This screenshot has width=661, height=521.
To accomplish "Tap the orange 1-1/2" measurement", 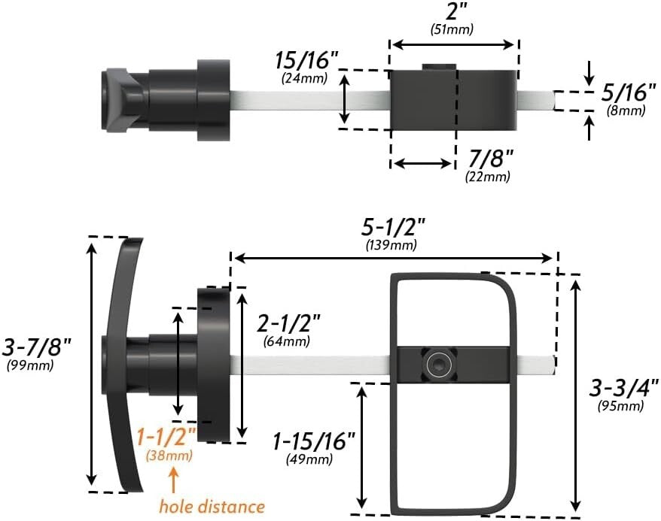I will [x=166, y=437].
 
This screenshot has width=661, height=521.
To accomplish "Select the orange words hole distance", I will [x=212, y=506].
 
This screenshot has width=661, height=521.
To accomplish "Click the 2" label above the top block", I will [x=452, y=13].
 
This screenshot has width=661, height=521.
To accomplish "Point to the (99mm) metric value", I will [x=29, y=366].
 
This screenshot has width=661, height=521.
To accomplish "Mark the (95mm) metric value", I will [x=621, y=407].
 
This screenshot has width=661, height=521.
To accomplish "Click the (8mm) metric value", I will [x=626, y=111].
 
